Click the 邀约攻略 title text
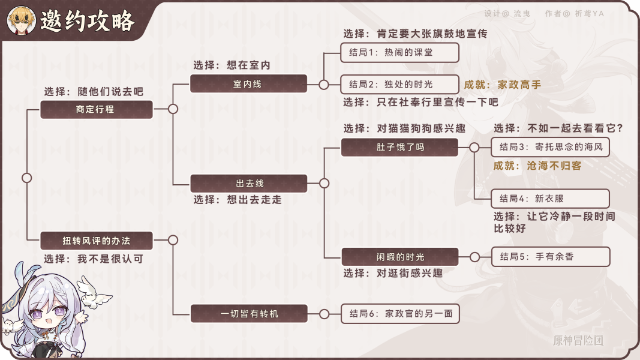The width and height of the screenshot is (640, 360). (x=87, y=22)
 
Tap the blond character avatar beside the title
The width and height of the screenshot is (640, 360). (x=20, y=20)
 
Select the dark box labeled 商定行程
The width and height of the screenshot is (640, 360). (x=97, y=110)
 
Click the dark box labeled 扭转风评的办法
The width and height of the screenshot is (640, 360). (x=97, y=241)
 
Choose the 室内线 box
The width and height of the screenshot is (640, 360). (x=248, y=84)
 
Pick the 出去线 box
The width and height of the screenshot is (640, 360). (x=248, y=183)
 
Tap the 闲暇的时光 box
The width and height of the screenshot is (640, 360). (x=399, y=257)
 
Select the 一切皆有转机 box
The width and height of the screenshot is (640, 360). (x=248, y=313)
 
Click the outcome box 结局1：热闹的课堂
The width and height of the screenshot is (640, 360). (x=399, y=52)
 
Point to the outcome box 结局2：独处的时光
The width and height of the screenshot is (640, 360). (x=399, y=84)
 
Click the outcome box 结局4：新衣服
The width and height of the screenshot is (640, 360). (x=550, y=199)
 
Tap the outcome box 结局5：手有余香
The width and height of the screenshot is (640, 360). (x=550, y=257)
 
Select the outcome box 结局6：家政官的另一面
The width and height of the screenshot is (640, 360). (x=399, y=313)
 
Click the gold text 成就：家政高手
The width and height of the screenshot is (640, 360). (x=503, y=85)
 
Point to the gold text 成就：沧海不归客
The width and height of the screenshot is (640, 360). (x=537, y=166)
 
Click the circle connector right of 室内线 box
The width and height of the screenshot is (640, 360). (x=324, y=85)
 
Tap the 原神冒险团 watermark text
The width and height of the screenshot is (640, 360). (x=578, y=341)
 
